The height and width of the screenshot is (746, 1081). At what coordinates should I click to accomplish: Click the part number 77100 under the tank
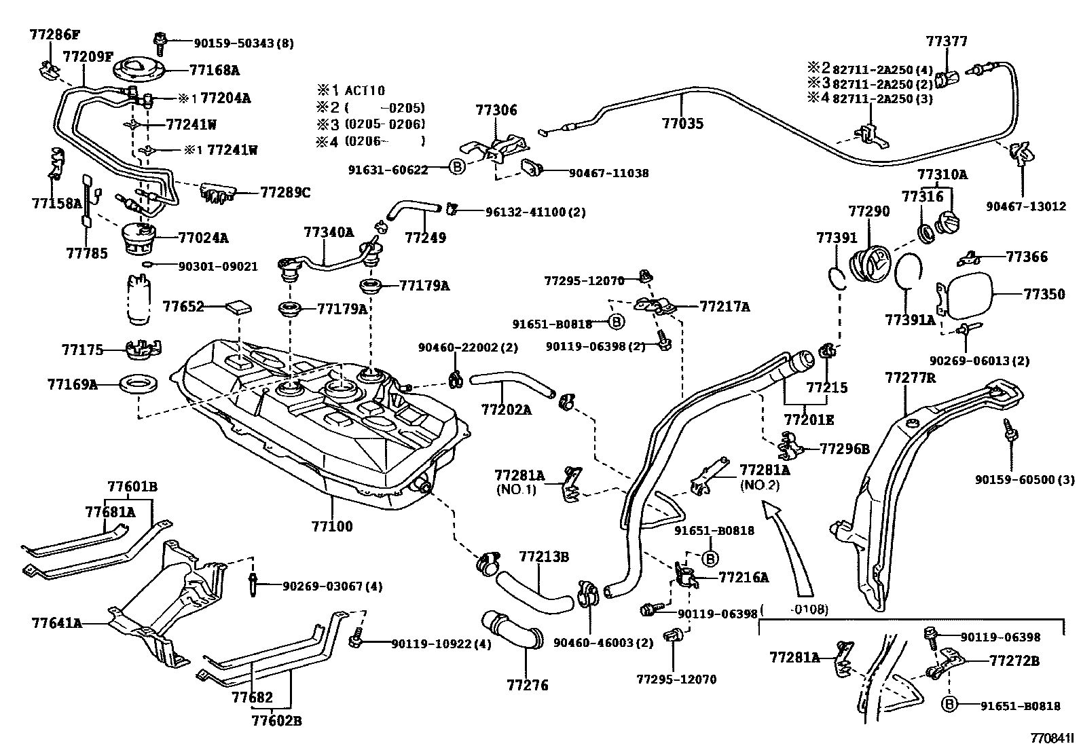pyautogui.click(x=332, y=526)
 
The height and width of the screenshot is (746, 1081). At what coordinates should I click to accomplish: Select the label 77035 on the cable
pyautogui.click(x=682, y=124)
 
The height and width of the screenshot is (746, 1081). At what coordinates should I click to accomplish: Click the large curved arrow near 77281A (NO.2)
pyautogui.click(x=788, y=550)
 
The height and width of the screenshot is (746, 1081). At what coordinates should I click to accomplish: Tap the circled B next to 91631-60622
pyautogui.click(x=457, y=167)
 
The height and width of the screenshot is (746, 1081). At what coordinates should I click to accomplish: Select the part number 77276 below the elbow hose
pyautogui.click(x=526, y=686)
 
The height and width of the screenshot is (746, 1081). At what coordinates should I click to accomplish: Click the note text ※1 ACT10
pyautogui.click(x=350, y=90)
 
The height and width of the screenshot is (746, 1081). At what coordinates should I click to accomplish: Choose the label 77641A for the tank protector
pyautogui.click(x=56, y=622)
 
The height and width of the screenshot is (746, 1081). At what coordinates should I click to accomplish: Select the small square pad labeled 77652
pyautogui.click(x=238, y=306)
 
